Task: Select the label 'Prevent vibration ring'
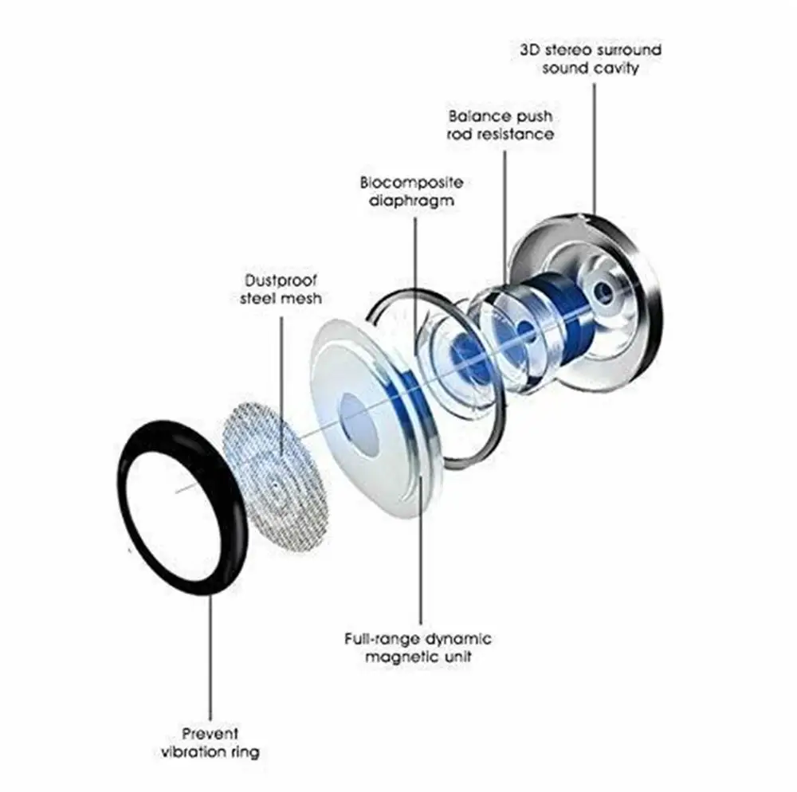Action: pos(210,742)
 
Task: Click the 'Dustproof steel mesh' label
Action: pos(281,289)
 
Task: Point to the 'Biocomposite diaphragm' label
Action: pos(411,192)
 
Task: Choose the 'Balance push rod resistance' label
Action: pos(501,125)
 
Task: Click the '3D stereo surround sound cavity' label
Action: pos(591,59)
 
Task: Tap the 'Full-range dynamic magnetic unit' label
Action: pos(418,648)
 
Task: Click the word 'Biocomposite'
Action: pos(411,183)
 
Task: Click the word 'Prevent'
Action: pos(210,733)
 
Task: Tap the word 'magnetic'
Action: pos(397,657)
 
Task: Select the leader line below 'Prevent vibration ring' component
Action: pos(211,653)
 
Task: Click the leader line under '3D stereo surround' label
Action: pos(594,143)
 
